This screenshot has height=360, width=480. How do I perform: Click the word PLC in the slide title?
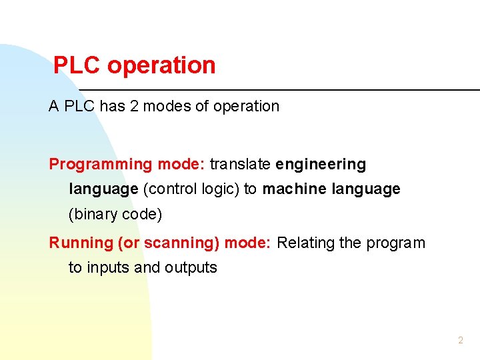click(77, 65)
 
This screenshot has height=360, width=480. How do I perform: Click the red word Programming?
click(101, 164)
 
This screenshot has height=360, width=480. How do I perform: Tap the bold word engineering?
click(321, 164)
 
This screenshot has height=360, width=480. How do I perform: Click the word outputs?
click(191, 268)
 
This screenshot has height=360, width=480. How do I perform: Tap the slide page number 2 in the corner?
click(460, 341)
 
